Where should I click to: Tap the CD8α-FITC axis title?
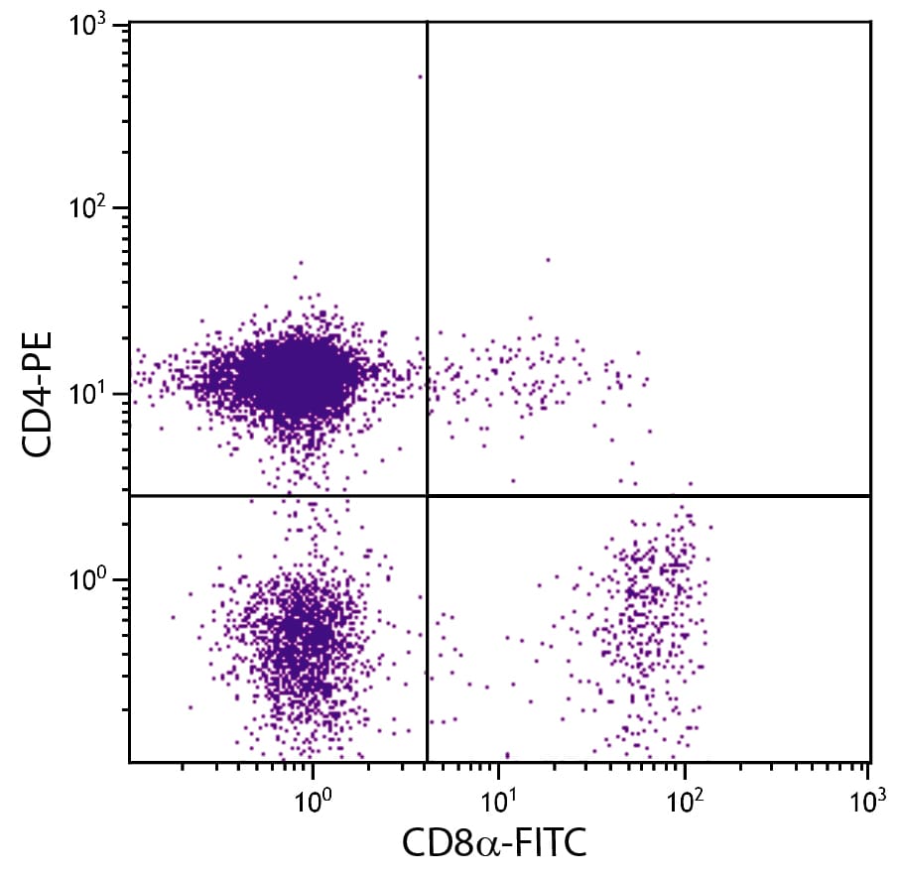click(493, 844)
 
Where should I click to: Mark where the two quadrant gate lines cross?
click(427, 495)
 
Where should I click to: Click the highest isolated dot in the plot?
click(420, 76)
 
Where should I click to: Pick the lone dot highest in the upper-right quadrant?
click(547, 260)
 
